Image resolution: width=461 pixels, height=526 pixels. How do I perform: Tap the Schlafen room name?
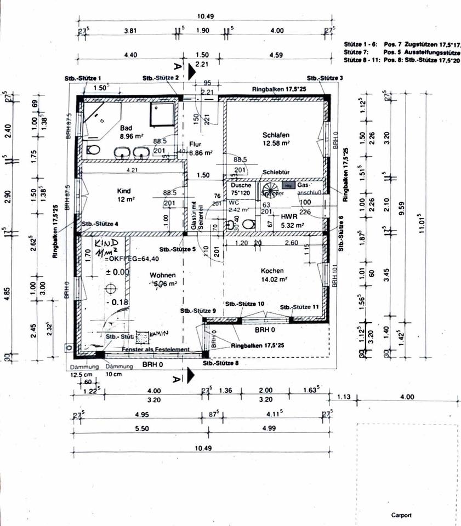[x=276, y=135]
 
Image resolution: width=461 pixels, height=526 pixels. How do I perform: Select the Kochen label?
[x=271, y=270]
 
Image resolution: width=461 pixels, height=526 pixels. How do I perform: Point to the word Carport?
[x=401, y=516]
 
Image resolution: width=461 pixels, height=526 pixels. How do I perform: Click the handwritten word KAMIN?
[x=160, y=333]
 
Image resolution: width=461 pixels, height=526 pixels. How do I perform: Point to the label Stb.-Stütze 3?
[x=325, y=78]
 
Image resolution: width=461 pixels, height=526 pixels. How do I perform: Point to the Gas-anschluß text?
[x=306, y=190]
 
